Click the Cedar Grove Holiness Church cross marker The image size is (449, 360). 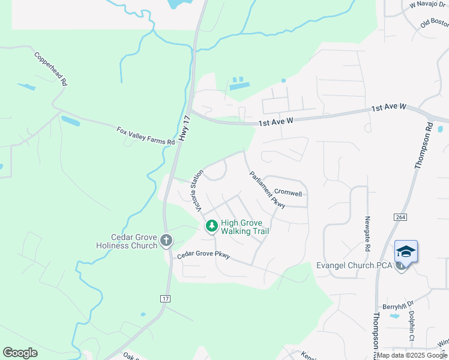(166, 241)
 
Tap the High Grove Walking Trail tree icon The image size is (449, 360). (211, 226)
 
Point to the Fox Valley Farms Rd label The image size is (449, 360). (145, 135)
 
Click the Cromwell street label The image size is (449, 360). (288, 192)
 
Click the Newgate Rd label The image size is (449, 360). (367, 234)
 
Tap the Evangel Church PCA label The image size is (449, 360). (354, 265)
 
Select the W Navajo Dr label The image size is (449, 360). (429, 5)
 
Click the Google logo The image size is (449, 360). (20, 352)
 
